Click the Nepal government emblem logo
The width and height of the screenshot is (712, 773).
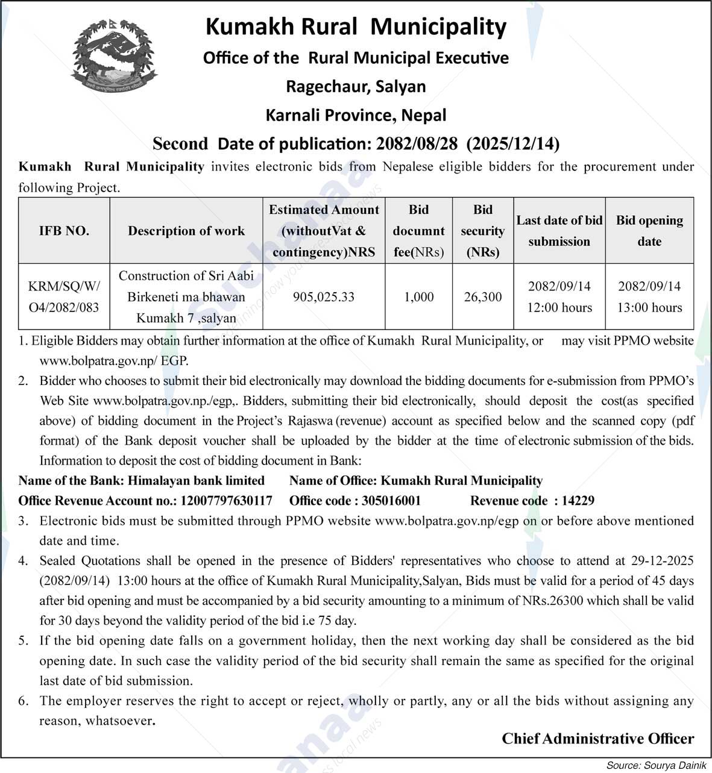(113, 55)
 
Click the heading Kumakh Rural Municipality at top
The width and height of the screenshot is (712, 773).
(356, 27)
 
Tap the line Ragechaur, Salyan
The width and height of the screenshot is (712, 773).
(356, 87)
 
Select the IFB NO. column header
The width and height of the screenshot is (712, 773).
(64, 231)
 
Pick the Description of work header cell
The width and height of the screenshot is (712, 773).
(186, 231)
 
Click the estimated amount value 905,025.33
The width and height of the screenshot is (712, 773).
(323, 297)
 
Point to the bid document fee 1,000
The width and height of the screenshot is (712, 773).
(419, 297)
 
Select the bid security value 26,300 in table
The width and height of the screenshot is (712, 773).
(483, 297)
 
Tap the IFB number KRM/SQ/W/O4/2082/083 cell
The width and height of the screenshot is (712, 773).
(64, 297)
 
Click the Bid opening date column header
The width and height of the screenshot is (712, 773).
(649, 231)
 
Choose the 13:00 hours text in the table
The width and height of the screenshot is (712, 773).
(649, 308)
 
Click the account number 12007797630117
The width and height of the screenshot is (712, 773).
(226, 501)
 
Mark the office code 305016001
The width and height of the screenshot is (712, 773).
(391, 501)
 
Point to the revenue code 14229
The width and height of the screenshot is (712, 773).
(578, 501)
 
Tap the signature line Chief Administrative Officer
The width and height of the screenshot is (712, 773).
(597, 739)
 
